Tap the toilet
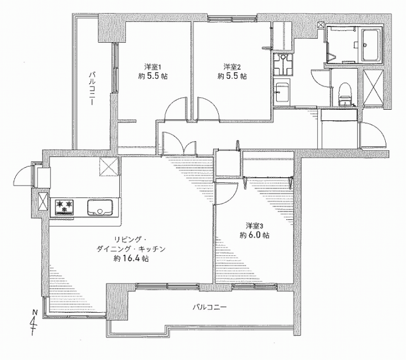tap(344, 94)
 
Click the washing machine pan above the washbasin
tap(283, 65)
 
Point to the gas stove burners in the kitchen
tap(64, 207)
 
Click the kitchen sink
tap(100, 208)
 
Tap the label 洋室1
tap(153, 67)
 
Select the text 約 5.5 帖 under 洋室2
tap(232, 76)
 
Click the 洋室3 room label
tap(255, 226)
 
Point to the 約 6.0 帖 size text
tap(254, 235)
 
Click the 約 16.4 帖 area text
tap(131, 259)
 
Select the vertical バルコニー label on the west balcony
tap(92, 88)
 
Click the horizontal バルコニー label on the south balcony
tap(210, 308)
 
